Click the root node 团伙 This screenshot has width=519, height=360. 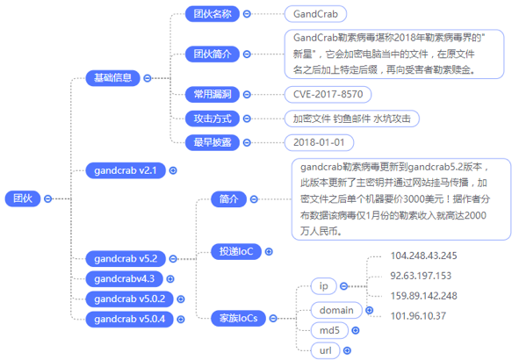click(x=23, y=198)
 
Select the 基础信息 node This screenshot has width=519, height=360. click(x=113, y=78)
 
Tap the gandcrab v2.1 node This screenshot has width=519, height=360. click(x=126, y=170)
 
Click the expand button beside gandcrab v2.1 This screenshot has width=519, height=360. click(x=173, y=170)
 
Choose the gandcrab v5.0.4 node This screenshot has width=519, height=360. click(x=129, y=320)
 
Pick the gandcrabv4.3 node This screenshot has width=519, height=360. click(x=124, y=279)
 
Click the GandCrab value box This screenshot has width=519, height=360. click(x=315, y=14)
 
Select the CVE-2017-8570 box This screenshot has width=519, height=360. click(x=328, y=94)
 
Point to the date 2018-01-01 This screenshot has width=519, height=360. click(x=319, y=142)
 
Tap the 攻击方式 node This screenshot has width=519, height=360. click(x=213, y=119)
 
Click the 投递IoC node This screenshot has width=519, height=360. click(x=236, y=251)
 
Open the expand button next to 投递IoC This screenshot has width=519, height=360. click(x=269, y=251)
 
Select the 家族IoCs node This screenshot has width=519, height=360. click(x=238, y=319)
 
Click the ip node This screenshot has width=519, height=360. click(x=324, y=286)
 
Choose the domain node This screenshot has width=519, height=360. click(x=336, y=310)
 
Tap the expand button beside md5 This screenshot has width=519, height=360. click(x=356, y=330)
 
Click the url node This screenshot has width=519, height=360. click(x=326, y=350)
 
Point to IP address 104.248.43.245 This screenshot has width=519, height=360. click(x=423, y=256)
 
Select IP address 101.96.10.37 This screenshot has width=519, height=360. click(x=418, y=316)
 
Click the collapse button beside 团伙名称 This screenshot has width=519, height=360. click(x=247, y=14)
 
